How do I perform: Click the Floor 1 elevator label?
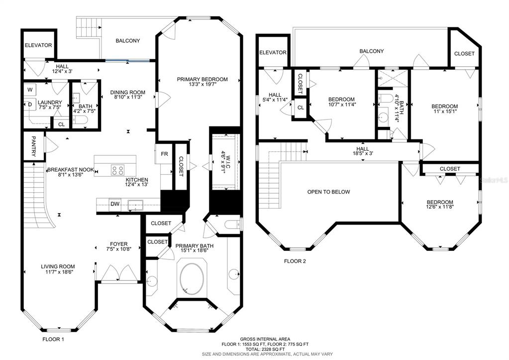tap(38, 45)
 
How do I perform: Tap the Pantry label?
tap(33, 146)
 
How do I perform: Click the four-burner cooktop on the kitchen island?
tap(117, 170)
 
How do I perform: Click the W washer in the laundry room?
tap(30, 89)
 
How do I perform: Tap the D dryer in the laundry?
tap(30, 104)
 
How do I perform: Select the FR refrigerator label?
tap(165, 154)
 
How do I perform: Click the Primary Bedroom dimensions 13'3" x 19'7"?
tap(202, 85)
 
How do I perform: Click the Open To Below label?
tap(328, 192)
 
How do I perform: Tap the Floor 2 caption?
tap(295, 261)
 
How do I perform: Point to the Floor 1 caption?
tap(53, 340)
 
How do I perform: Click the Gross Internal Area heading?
tap(265, 339)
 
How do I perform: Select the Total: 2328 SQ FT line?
tap(265, 349)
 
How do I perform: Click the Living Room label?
tap(58, 266)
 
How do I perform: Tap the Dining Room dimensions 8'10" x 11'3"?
tap(127, 97)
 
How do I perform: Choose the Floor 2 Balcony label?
tap(371, 51)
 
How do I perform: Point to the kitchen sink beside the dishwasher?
tap(135, 205)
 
